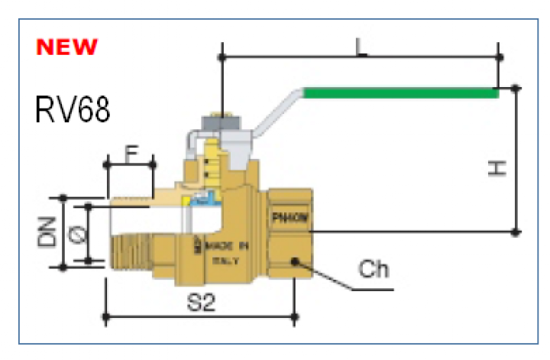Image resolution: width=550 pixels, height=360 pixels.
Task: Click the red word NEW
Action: coord(68,47)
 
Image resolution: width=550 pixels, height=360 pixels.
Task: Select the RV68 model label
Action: coord(73,110)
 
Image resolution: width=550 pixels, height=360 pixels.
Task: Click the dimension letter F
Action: coord(131,152)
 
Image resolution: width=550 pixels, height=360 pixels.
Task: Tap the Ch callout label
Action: coord(374,270)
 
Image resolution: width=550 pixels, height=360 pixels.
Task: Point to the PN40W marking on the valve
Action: coord(290,218)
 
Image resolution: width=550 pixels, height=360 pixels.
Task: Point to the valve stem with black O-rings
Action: coord(217,170)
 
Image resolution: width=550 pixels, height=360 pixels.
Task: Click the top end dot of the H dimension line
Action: coord(516,89)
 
